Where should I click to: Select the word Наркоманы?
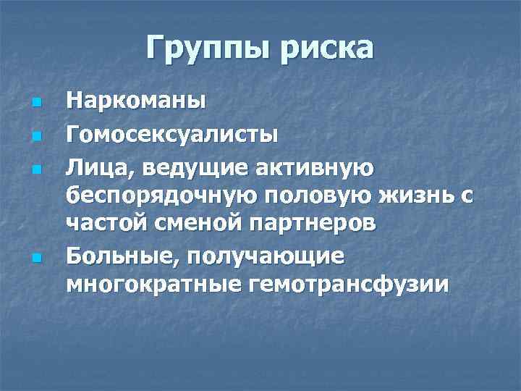136,101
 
